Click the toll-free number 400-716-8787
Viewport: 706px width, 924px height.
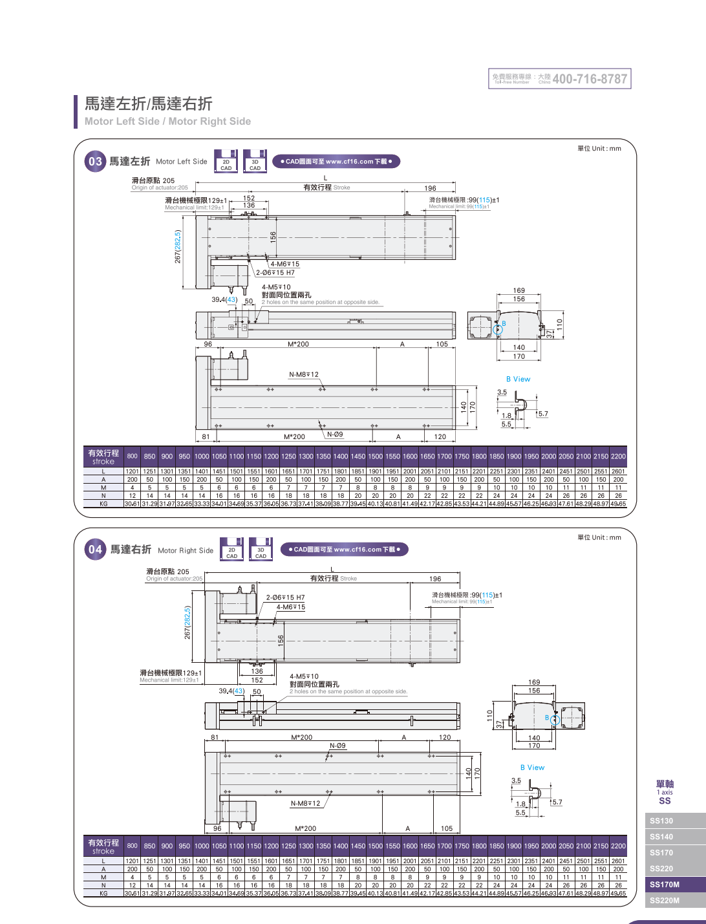point(589,79)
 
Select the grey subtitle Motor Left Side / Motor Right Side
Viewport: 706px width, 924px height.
point(167,121)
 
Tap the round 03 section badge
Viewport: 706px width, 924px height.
point(95,162)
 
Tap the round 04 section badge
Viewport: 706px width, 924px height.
point(95,550)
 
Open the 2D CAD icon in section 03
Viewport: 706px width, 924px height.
point(226,162)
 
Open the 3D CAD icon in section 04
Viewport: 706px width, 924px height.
point(261,550)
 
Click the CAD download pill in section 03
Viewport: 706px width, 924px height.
point(336,162)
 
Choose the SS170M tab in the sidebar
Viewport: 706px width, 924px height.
point(665,885)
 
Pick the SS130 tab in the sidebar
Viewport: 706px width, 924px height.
point(661,821)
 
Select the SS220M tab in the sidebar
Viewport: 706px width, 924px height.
point(665,901)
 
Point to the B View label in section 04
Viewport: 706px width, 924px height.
point(532,768)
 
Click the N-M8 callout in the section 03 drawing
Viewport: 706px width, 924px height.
point(303,374)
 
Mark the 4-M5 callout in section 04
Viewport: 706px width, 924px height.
point(304,676)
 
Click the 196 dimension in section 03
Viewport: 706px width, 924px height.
point(430,188)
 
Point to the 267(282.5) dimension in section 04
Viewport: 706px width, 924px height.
point(187,623)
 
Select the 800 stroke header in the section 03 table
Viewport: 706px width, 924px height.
point(133,457)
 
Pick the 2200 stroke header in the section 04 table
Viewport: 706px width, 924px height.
point(618,846)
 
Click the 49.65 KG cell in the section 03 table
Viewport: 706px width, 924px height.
point(618,504)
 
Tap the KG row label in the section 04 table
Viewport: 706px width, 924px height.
point(103,893)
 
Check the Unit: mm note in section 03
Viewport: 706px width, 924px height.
point(599,149)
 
